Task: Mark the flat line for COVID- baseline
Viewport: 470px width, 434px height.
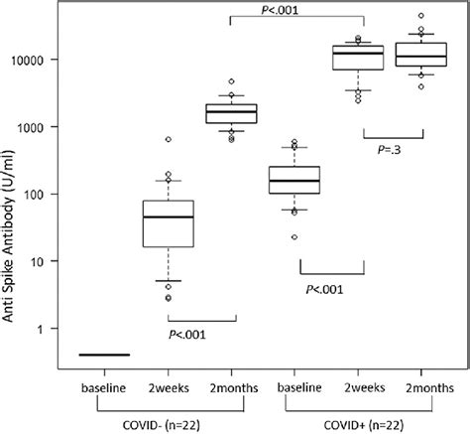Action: (x=104, y=354)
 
